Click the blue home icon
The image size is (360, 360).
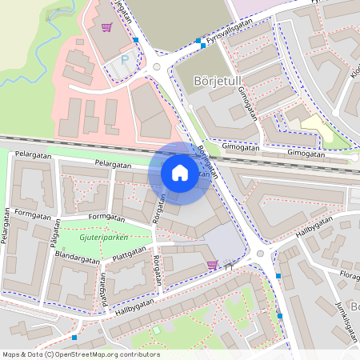[x=180, y=173]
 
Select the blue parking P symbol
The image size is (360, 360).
[x=124, y=60]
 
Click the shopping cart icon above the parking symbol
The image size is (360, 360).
[x=106, y=27]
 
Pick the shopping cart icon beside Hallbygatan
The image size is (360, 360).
[x=212, y=264]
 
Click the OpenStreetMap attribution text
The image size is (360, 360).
[x=81, y=354]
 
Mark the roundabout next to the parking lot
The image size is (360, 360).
[x=157, y=67]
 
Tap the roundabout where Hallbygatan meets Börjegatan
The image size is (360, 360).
[x=261, y=254]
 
